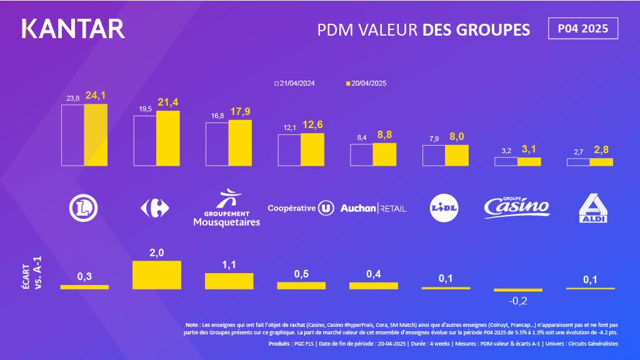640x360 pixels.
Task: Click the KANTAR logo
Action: coord(73,29)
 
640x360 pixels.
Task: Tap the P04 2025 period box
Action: coord(582,29)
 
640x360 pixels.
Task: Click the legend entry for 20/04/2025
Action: coord(369,83)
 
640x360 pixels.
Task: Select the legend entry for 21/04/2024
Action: coord(296,83)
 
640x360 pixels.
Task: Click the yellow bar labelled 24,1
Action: coord(96,135)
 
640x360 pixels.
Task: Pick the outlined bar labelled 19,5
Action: coord(145,141)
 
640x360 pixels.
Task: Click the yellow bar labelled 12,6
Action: coord(312,149)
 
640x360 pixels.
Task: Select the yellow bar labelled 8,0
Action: coord(457,156)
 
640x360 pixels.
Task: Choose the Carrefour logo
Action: coord(155,208)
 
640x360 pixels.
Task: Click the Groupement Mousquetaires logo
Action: coord(226,209)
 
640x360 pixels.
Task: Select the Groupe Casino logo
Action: coord(517,206)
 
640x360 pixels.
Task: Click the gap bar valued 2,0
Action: coord(156,274)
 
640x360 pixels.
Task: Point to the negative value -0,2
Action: coord(517,301)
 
